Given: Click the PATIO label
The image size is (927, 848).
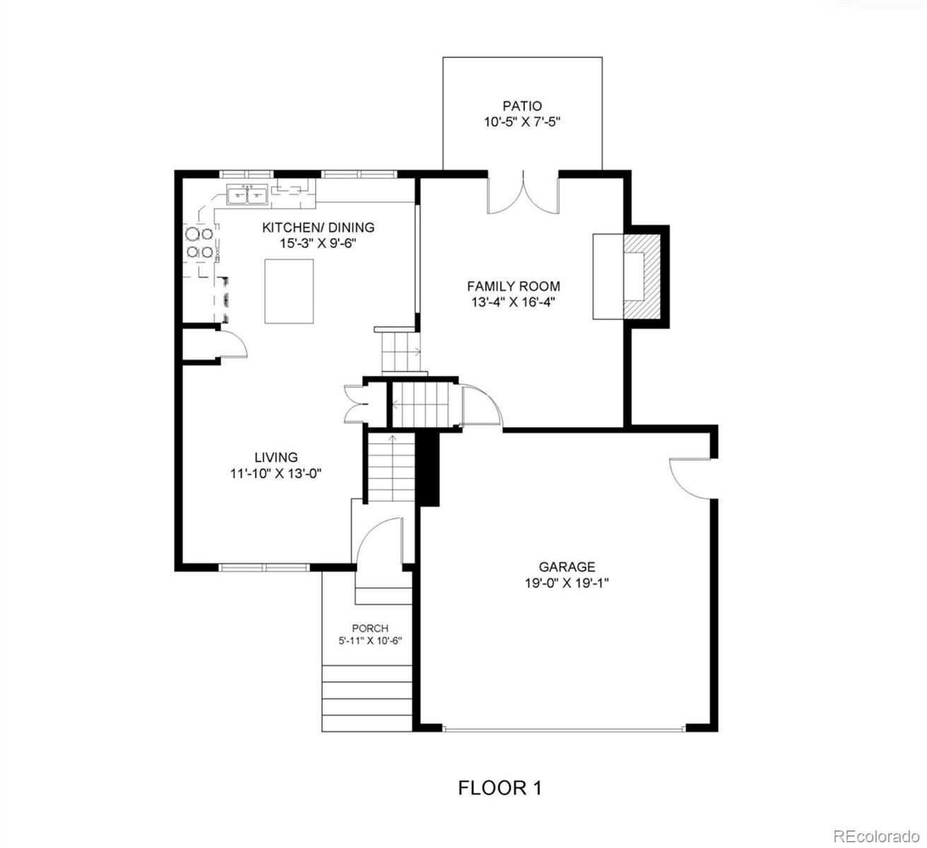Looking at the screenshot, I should coord(522,106).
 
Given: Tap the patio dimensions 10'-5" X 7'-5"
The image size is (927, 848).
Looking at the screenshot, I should coord(522,122).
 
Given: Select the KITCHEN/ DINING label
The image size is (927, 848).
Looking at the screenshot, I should coord(318,228).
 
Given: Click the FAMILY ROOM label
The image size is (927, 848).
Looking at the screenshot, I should coord(514,286).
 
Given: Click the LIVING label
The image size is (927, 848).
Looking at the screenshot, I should coord(276,457).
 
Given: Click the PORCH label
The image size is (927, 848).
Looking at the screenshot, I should coord(370,628).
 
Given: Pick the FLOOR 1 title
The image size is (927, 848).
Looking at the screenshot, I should coord(500,787).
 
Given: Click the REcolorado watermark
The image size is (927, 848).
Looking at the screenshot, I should coord(877,836).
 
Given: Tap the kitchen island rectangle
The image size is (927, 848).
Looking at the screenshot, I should coord(289,291).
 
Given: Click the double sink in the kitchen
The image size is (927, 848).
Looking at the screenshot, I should coord(247,194).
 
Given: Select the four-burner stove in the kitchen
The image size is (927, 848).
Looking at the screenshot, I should coord(199,242).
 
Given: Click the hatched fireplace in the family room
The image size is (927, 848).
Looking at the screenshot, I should coord(642,276).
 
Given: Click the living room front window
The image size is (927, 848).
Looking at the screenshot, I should coord(264,567).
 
